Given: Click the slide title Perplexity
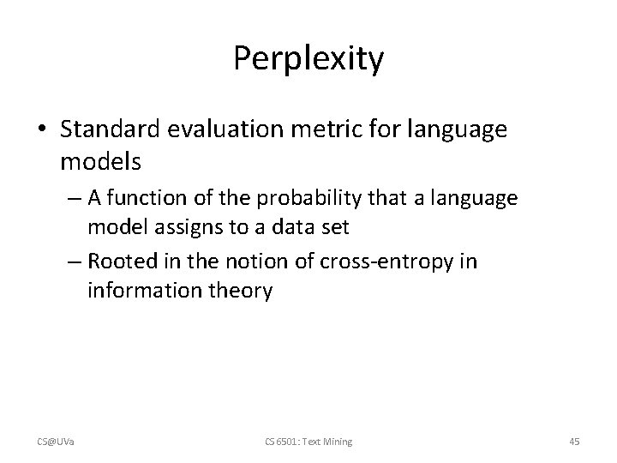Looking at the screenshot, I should click(x=308, y=60).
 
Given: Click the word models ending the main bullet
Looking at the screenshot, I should click(x=93, y=160).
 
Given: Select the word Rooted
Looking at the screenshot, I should click(x=120, y=260).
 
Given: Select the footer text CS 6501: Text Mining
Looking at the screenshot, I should click(x=308, y=442).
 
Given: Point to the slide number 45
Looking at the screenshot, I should click(x=574, y=442).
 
